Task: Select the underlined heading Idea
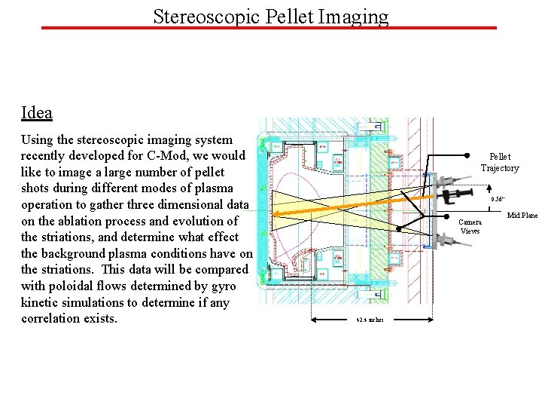[37, 113]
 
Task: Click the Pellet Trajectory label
[500, 162]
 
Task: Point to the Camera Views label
[470, 226]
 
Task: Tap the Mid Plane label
[522, 216]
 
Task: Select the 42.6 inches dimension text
[370, 320]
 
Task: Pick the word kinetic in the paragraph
[41, 302]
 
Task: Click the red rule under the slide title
[269, 29]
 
